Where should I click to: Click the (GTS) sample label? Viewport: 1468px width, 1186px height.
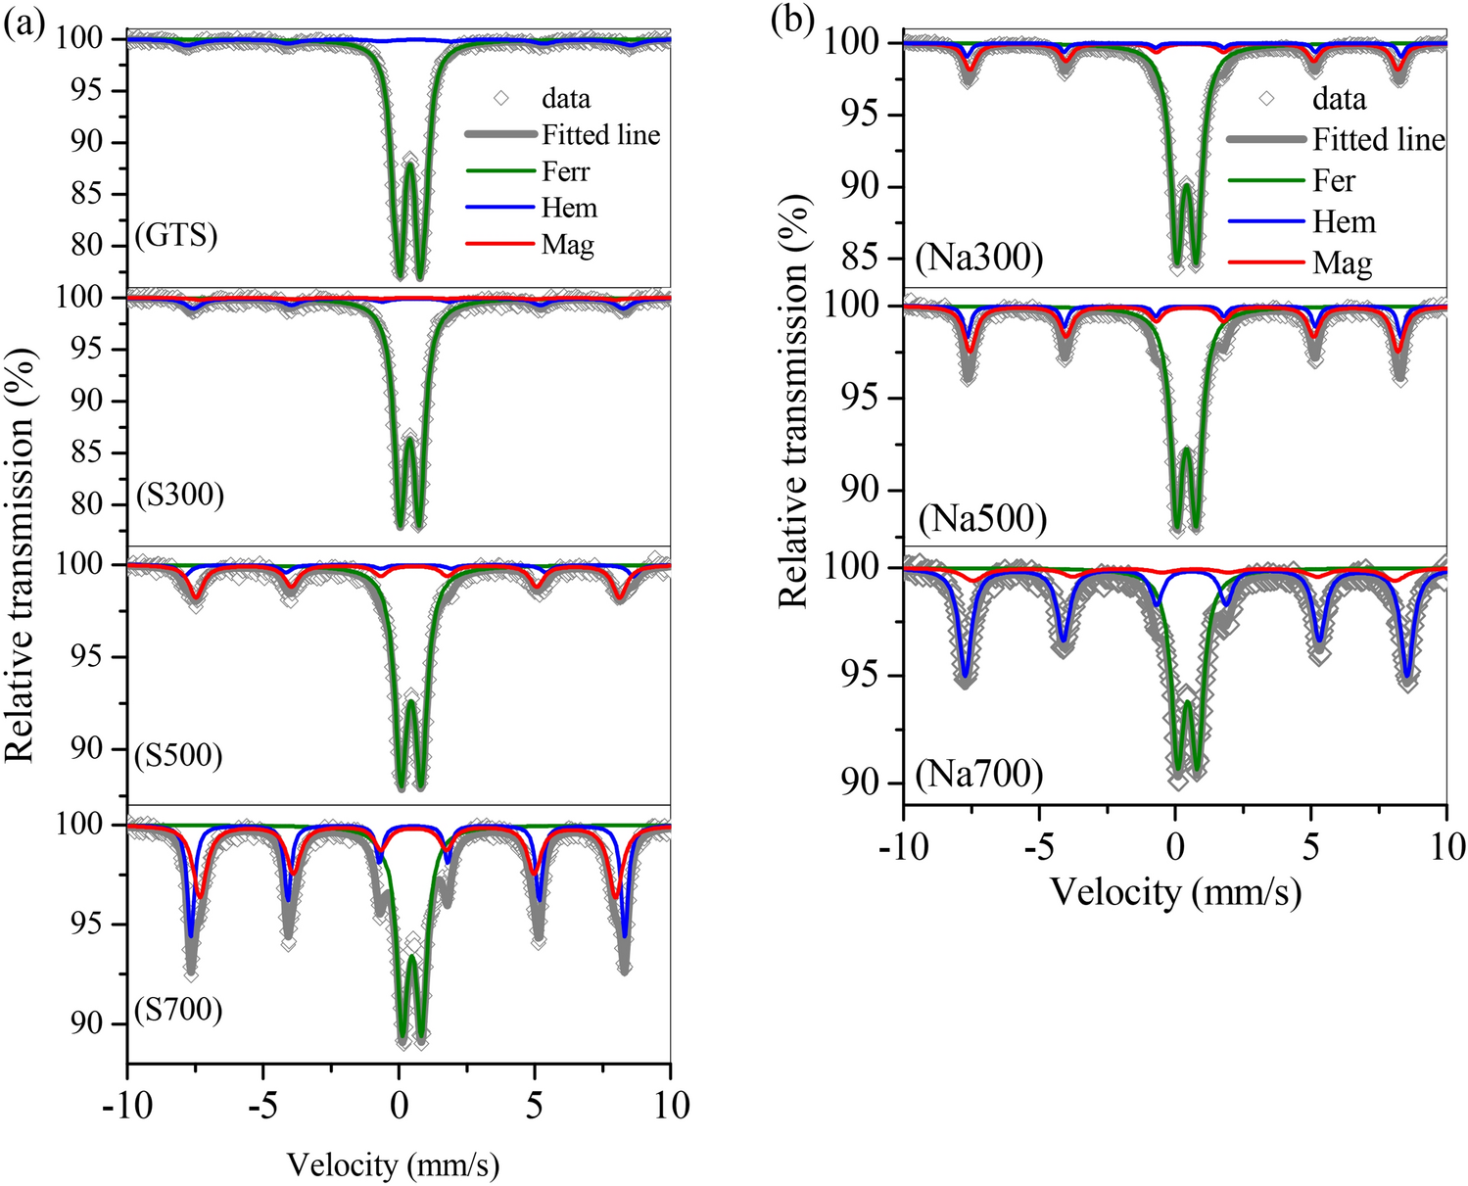coord(176,236)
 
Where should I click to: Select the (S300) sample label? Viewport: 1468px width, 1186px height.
coord(180,495)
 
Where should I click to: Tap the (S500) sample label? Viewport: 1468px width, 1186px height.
coord(179,755)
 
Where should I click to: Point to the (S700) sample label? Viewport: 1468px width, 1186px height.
coord(178,1009)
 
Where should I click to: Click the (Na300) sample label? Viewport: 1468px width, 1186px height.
coord(979,258)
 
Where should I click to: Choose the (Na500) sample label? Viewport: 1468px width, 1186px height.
coord(982,518)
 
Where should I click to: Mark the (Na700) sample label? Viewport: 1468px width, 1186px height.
coord(979,775)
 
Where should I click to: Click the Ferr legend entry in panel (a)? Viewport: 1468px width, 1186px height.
coord(566,171)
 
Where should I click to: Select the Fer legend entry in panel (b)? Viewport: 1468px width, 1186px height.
coord(1334,181)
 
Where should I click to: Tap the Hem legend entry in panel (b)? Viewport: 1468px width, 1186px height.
coord(1344,222)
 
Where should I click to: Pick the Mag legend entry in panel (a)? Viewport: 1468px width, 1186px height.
coord(568,244)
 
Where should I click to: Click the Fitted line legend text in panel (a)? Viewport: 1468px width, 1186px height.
coord(600,134)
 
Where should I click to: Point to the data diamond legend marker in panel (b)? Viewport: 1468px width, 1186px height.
coord(1266,99)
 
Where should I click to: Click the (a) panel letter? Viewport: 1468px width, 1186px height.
coord(24,23)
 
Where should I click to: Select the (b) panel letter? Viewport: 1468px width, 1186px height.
coord(792,21)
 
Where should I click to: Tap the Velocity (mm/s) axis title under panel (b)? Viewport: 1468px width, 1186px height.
coord(1175,892)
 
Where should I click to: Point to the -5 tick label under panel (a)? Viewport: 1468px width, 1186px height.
coord(261,1106)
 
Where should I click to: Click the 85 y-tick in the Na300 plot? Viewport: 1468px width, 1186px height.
coord(861,258)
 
